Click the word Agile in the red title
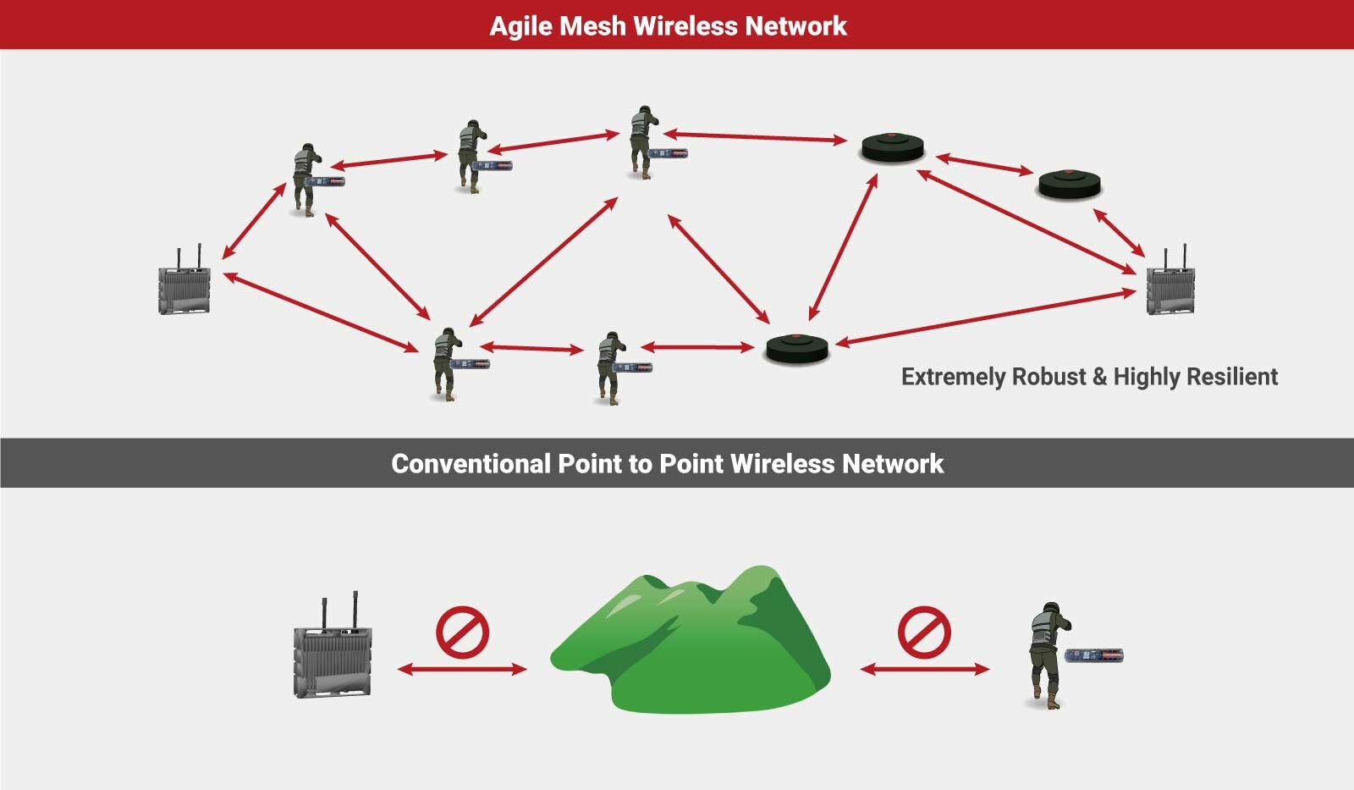click(521, 26)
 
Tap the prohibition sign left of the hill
click(462, 633)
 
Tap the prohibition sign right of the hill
click(924, 633)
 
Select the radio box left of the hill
click(333, 645)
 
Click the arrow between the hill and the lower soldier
click(925, 669)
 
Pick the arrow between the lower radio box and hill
click(462, 669)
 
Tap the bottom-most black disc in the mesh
click(796, 349)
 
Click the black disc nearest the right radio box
click(1070, 185)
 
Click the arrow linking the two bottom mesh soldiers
click(532, 348)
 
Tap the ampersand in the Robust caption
click(1099, 377)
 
